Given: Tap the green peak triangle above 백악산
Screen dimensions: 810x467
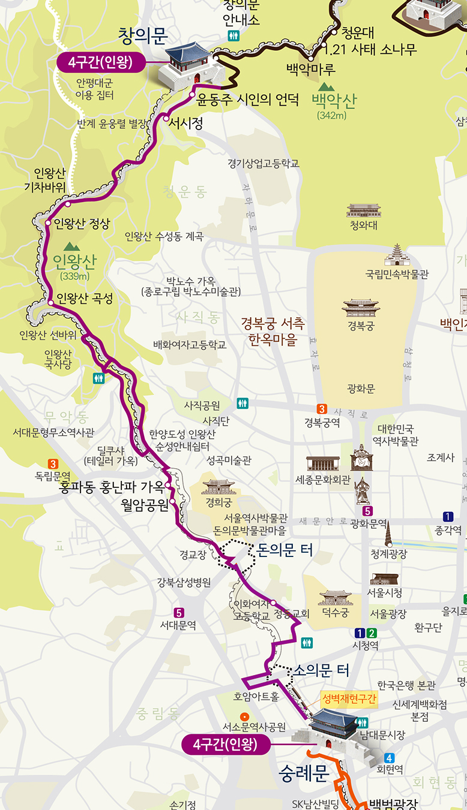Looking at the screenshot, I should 327,87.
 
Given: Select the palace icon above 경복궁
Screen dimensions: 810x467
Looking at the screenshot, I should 361,308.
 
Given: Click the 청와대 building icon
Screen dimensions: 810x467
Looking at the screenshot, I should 363,211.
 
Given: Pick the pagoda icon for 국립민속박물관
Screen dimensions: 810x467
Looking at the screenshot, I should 397,255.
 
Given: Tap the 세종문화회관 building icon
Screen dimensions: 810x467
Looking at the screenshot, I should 322,463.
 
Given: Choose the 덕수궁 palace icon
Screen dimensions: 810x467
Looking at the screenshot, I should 336,598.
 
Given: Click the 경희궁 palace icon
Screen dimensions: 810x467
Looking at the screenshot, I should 218,486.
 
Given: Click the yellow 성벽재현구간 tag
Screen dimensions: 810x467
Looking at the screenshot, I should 348,699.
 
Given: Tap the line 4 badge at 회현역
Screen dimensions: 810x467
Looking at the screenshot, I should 390,757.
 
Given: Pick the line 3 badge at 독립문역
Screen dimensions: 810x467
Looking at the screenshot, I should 53,463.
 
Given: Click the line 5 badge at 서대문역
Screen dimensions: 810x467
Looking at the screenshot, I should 178,613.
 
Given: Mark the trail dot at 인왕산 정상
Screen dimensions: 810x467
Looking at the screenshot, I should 49,223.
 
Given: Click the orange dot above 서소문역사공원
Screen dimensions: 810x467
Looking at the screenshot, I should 244,716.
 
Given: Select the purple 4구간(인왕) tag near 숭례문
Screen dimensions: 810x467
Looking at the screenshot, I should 225,745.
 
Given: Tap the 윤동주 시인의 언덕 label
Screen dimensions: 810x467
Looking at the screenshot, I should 248,98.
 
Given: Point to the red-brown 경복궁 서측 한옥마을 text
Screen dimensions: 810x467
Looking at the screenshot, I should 273,332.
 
